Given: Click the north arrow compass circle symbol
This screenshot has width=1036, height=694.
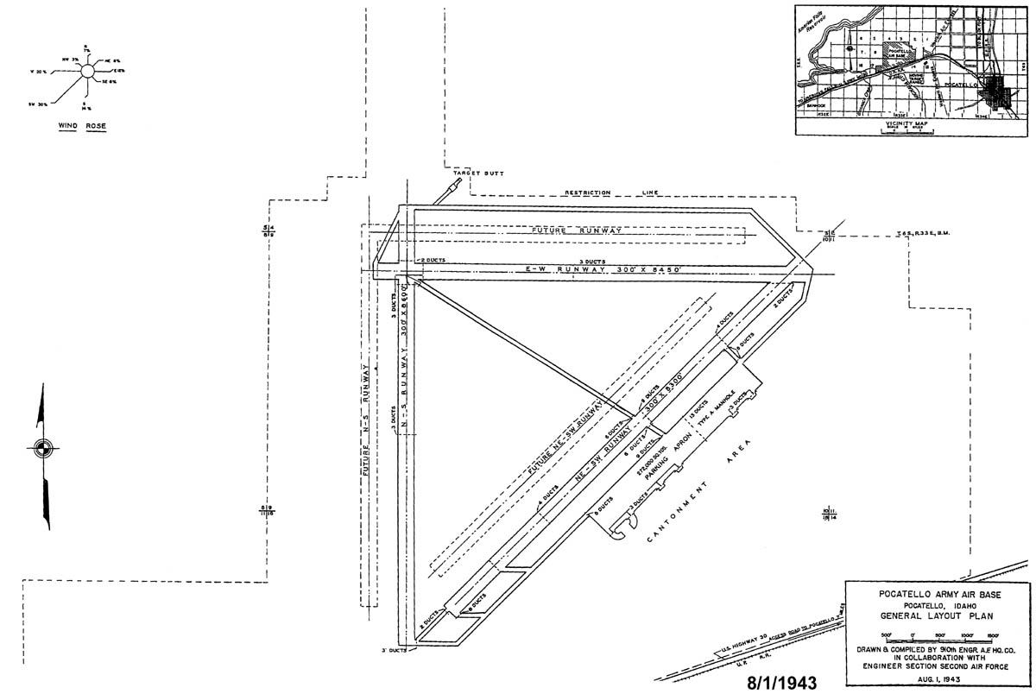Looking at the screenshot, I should click(41, 447).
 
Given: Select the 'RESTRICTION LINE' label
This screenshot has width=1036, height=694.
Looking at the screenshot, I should click(610, 192).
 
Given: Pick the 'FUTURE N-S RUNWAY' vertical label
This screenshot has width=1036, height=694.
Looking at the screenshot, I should click(367, 424).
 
